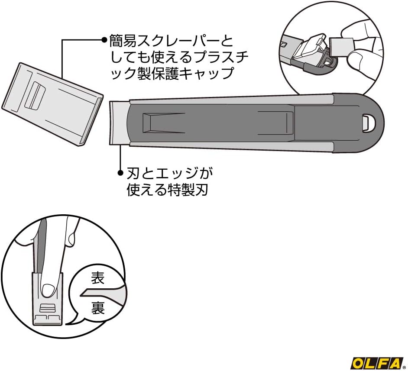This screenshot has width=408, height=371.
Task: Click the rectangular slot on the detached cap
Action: pyautogui.click(x=35, y=96)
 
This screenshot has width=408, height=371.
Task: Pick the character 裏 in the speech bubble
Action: pyautogui.click(x=97, y=309)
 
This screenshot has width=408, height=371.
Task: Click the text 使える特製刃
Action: pyautogui.click(x=167, y=190)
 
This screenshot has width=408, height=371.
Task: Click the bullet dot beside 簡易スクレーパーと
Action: pyautogui.click(x=104, y=40)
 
